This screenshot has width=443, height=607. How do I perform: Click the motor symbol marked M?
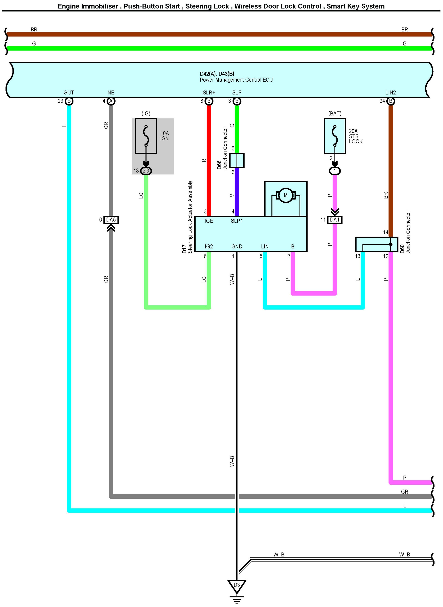click(286, 195)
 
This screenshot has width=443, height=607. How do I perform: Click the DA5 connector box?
click(111, 220)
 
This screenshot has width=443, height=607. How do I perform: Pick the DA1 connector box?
click(335, 220)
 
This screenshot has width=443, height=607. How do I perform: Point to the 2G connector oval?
click(146, 171)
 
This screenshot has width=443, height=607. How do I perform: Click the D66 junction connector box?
click(237, 160)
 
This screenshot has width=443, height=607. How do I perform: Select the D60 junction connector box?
click(376, 244)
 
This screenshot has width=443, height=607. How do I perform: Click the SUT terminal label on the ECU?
click(69, 93)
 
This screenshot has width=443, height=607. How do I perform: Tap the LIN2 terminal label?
click(390, 93)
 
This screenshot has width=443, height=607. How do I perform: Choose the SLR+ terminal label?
click(209, 93)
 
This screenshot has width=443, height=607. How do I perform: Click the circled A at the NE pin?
click(111, 101)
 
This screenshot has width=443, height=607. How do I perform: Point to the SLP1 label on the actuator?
click(237, 221)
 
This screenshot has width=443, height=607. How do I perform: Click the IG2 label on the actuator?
click(209, 246)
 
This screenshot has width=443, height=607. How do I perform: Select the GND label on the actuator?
click(237, 246)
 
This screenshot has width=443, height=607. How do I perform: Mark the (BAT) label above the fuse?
click(335, 113)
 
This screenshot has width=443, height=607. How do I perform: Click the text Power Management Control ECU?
click(236, 80)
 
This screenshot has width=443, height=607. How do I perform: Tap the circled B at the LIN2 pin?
click(391, 101)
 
